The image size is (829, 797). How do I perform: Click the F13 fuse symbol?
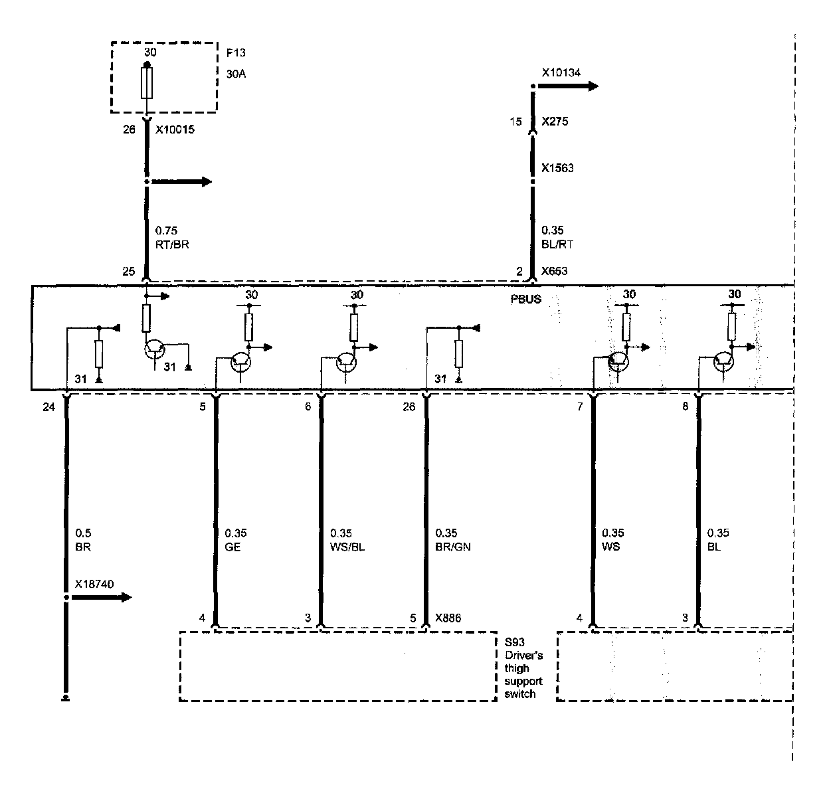click(x=147, y=82)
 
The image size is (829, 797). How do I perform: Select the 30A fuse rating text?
click(x=236, y=74)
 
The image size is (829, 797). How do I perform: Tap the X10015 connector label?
click(x=175, y=130)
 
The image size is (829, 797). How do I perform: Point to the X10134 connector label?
click(x=561, y=72)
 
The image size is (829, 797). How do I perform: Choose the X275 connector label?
click(x=555, y=122)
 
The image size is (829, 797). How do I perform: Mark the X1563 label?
click(x=557, y=168)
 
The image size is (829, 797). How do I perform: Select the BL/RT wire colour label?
click(x=557, y=244)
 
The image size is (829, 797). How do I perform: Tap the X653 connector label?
click(x=555, y=271)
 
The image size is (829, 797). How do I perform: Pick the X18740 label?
click(x=94, y=584)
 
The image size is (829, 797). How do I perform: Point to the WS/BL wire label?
click(x=347, y=547)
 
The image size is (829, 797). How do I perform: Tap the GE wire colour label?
click(x=232, y=547)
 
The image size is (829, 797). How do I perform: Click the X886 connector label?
click(x=449, y=618)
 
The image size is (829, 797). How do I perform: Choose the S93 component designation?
click(x=513, y=642)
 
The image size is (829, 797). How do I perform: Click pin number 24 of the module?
click(x=49, y=406)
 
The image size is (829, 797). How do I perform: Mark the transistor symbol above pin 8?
click(x=724, y=363)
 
